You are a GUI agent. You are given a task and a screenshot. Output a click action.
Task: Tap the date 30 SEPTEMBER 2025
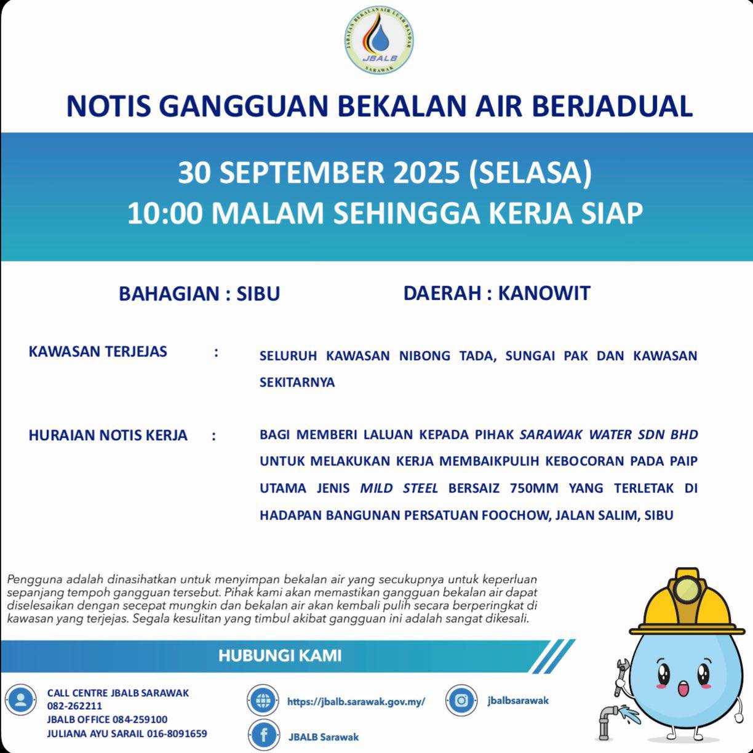[319, 173]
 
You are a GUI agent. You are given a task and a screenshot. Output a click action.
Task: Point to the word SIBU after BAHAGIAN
[258, 294]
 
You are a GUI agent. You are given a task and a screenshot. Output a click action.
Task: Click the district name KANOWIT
[544, 293]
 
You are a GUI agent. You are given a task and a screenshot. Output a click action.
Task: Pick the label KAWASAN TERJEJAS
[98, 352]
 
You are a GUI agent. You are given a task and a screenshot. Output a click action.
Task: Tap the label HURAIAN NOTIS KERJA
[108, 435]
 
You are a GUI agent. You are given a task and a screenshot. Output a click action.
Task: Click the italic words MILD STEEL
[399, 488]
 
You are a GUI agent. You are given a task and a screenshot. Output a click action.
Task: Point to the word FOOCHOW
[516, 515]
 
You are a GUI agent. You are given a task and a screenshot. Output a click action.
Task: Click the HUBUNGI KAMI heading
[280, 655]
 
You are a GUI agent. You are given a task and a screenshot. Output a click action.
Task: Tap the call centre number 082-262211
[74, 706]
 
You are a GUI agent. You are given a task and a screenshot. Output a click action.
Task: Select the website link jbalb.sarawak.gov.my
[356, 701]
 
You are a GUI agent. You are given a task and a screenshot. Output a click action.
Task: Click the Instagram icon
[461, 700]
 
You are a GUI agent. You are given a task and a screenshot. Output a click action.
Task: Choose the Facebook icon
[263, 735]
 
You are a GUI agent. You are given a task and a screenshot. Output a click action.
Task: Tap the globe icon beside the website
[263, 700]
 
